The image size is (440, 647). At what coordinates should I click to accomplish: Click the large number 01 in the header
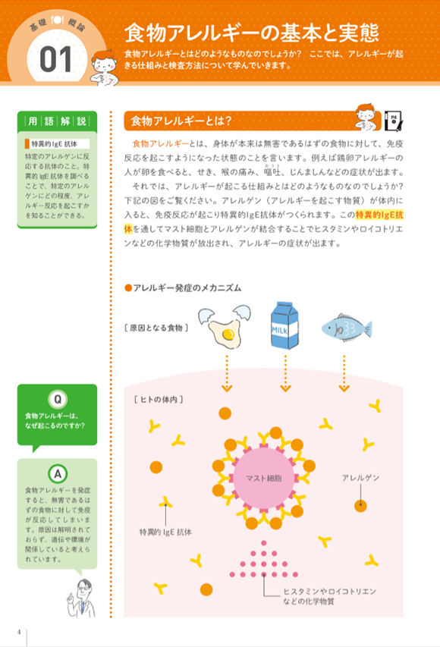(55, 59)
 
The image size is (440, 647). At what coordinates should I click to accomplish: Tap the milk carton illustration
(284, 325)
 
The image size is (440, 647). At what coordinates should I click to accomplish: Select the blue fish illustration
(347, 327)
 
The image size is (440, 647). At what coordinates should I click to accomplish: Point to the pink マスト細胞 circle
(264, 478)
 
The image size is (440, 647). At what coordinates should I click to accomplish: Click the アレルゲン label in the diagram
(360, 478)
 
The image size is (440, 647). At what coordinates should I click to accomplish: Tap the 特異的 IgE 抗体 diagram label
(165, 532)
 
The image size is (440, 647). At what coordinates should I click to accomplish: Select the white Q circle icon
(58, 399)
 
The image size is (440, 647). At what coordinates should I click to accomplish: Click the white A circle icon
(58, 474)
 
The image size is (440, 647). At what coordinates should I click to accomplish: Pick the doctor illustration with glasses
(81, 598)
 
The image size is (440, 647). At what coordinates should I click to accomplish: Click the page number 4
(19, 632)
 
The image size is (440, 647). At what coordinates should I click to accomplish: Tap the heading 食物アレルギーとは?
(181, 121)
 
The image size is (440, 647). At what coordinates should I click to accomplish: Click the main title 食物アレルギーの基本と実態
(251, 33)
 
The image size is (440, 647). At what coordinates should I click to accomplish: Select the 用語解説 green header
(58, 121)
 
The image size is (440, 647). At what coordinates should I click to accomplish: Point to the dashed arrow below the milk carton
(285, 373)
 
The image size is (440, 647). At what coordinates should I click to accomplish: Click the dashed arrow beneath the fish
(344, 373)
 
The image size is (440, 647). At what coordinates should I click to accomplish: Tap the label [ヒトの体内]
(159, 400)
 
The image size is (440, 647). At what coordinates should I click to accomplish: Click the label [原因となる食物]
(156, 328)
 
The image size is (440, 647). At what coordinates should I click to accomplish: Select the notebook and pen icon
(394, 121)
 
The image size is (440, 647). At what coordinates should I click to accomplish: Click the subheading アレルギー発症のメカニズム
(183, 287)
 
